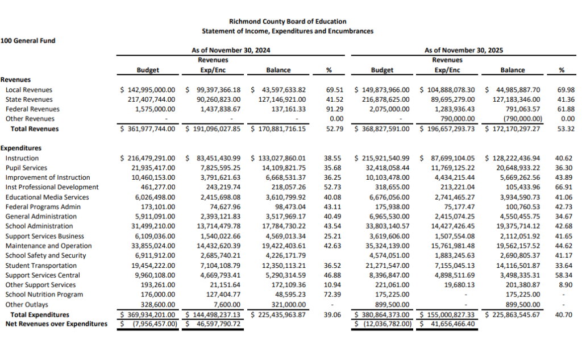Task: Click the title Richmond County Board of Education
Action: coord(288,22)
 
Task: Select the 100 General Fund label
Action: coord(28,40)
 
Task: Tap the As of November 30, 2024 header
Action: coord(231,51)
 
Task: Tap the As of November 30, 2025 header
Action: coord(464,51)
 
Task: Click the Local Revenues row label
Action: coord(28,90)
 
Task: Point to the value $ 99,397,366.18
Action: coord(214,90)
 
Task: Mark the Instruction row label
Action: coord(22,158)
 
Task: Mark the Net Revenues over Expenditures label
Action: coord(56,324)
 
